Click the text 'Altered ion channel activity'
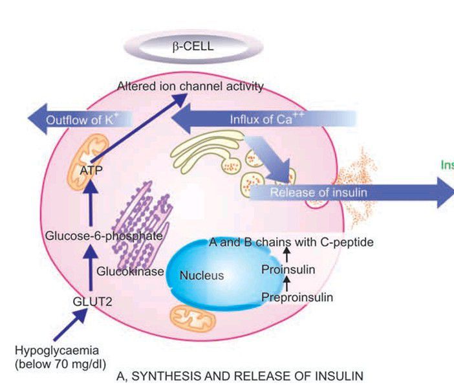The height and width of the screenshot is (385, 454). (x=190, y=86)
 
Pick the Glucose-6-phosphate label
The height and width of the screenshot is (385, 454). (x=103, y=236)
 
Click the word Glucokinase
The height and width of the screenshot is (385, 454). (x=130, y=272)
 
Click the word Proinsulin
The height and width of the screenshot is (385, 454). (x=288, y=269)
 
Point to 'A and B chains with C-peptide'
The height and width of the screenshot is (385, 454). (x=291, y=242)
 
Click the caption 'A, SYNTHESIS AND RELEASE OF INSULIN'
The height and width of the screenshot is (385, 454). (x=239, y=375)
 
